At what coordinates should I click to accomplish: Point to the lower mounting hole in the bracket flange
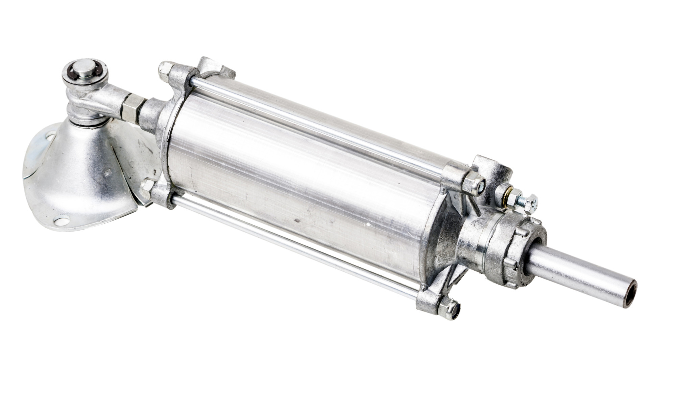click(x=62, y=221)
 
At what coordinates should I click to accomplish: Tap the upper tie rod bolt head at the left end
click(x=165, y=71)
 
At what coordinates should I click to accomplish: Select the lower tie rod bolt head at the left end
click(x=147, y=188)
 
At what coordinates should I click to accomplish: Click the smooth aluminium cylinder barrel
click(x=297, y=182)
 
